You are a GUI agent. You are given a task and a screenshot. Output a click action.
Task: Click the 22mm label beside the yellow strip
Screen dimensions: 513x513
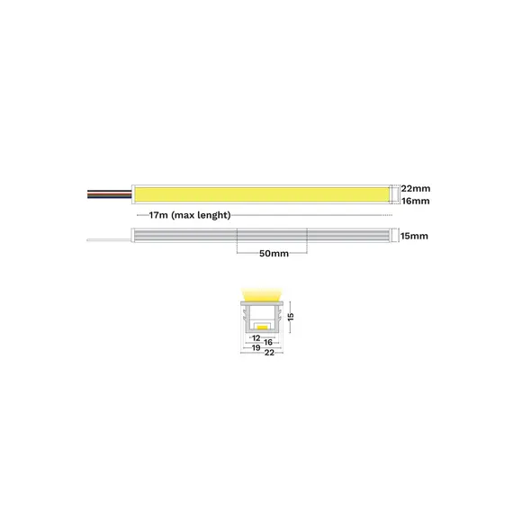[416, 188]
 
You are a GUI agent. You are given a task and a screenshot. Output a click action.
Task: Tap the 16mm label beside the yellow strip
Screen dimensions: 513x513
[416, 201]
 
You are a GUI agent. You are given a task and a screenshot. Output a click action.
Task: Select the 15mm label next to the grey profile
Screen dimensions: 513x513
[414, 236]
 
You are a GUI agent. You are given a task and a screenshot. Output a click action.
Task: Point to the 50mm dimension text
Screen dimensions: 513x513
[274, 254]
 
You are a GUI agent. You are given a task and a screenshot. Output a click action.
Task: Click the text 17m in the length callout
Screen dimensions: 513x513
[158, 215]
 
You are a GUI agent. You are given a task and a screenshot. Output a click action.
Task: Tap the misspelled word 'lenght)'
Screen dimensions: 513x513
[214, 215]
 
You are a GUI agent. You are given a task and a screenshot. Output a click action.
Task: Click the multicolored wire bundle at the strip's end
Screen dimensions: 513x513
[109, 194]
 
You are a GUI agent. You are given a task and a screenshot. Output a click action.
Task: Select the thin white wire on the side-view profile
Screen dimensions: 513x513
[109, 240]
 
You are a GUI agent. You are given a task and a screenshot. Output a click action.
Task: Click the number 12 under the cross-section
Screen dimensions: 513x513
[256, 338]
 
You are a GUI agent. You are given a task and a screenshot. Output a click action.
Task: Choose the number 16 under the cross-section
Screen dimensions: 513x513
[268, 342]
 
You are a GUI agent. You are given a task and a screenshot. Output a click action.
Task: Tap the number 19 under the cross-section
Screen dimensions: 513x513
[256, 347]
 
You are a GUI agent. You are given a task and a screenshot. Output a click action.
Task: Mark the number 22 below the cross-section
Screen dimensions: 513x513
[269, 353]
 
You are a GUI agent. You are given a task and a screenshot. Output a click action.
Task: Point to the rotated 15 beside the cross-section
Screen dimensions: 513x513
[291, 317]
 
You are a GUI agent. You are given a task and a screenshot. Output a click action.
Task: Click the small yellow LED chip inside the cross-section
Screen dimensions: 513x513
[262, 327]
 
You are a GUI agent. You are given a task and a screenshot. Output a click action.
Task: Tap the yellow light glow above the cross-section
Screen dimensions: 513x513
[262, 294]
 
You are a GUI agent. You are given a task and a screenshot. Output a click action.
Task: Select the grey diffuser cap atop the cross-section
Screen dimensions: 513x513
[262, 303]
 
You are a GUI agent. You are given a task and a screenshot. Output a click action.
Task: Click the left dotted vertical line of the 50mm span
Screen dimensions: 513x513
[237, 241]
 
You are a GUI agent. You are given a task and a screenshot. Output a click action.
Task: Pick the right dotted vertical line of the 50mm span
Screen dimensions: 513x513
[307, 241]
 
